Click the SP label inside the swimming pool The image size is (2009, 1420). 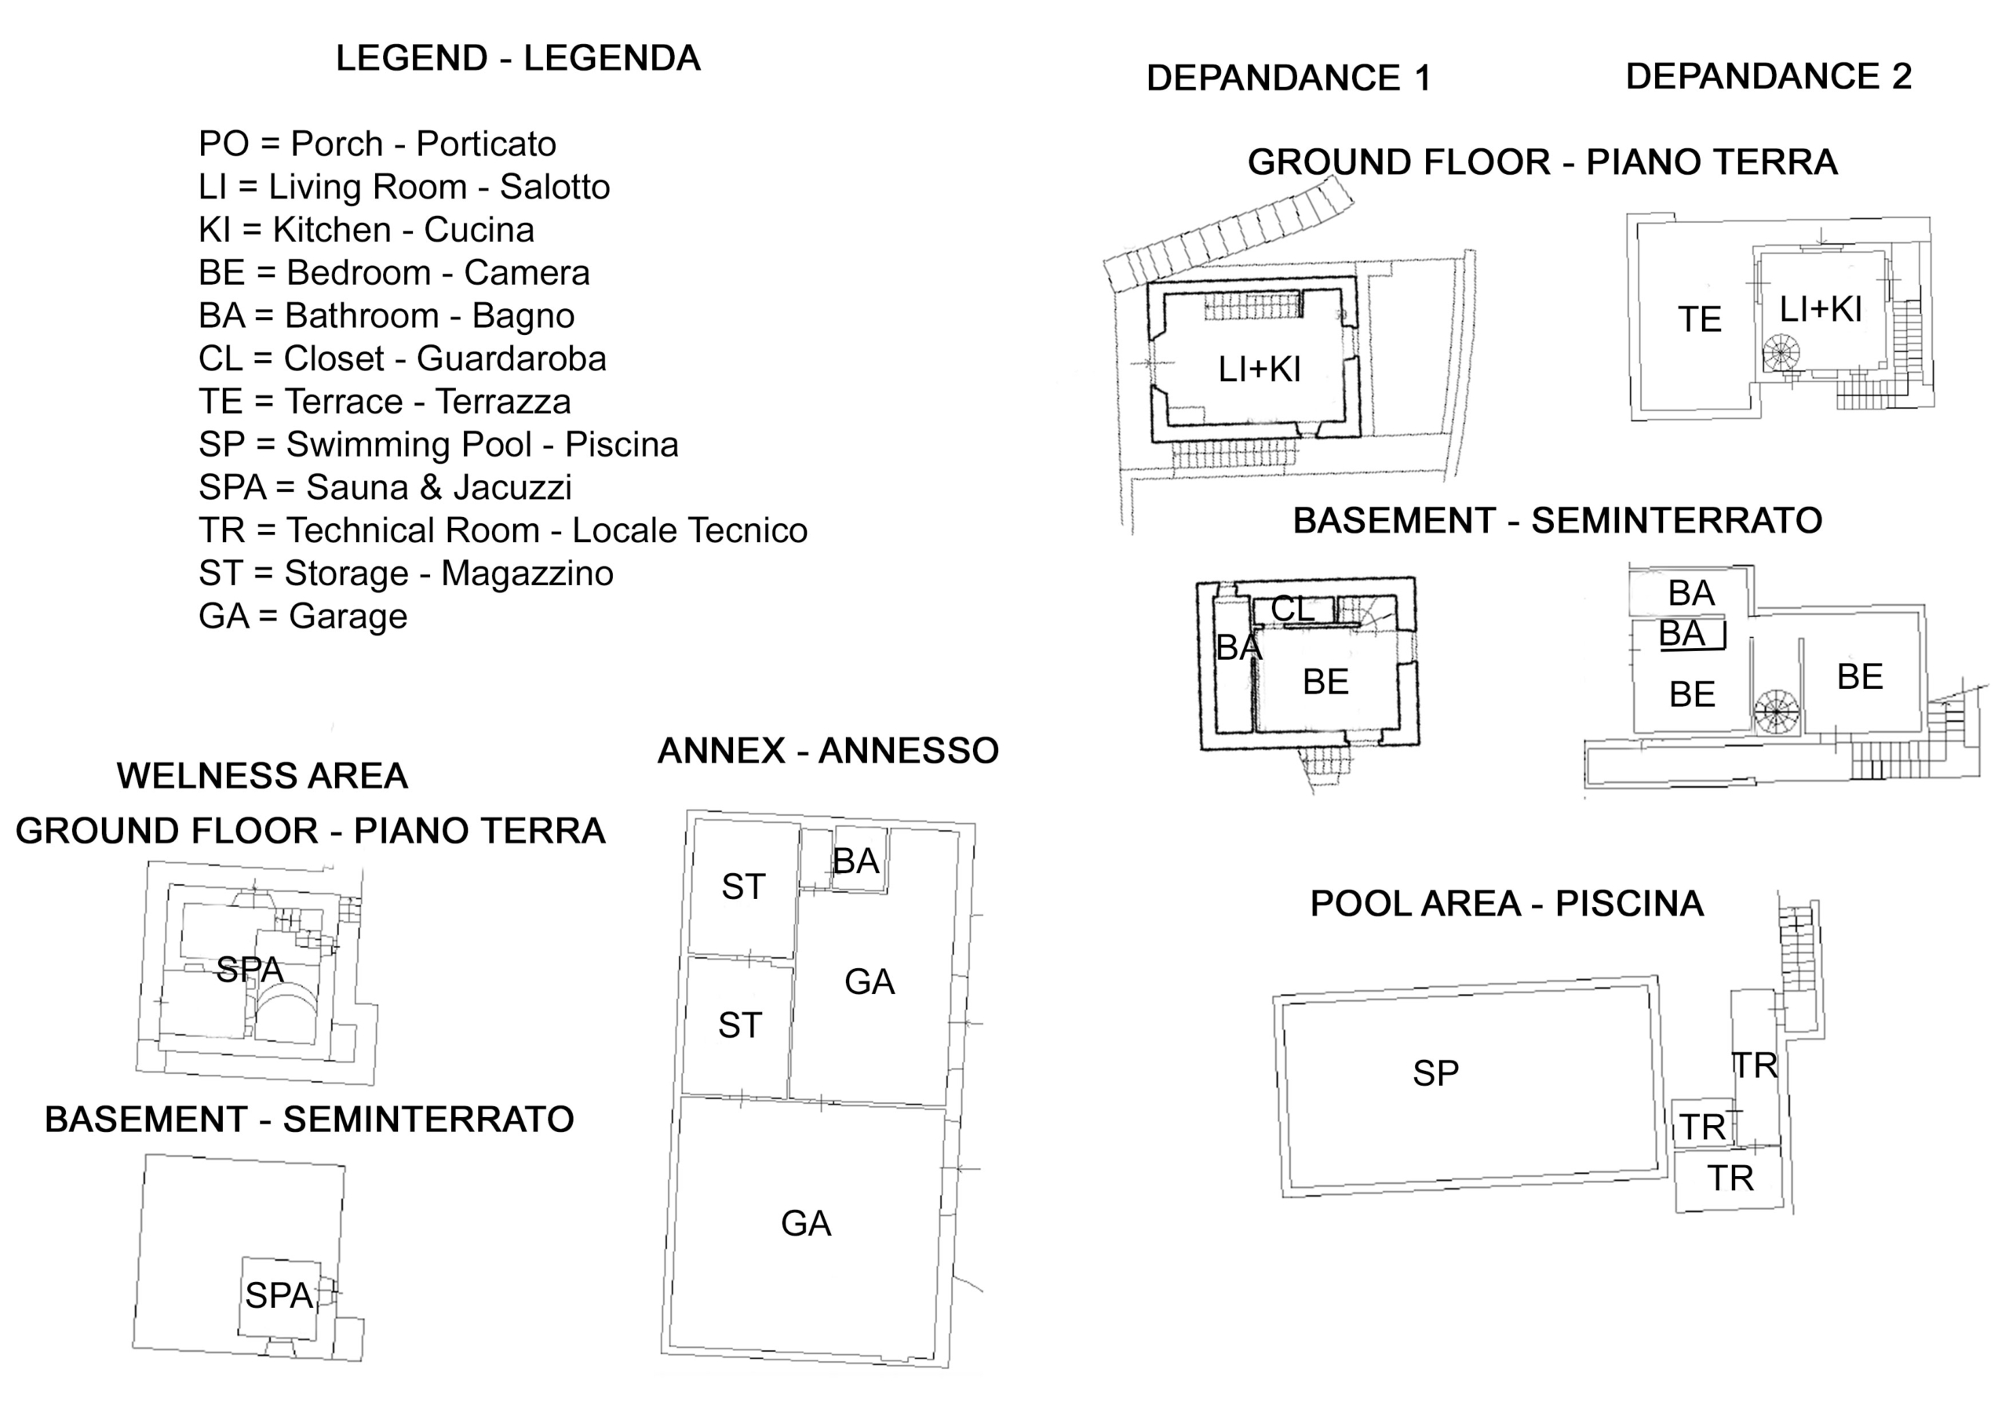(x=1436, y=1073)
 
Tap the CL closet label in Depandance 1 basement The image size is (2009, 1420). (x=1293, y=609)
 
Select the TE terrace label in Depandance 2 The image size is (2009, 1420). (x=1699, y=319)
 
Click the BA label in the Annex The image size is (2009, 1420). (x=855, y=861)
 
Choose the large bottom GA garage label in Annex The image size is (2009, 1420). (x=806, y=1223)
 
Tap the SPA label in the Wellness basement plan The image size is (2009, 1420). (x=279, y=1296)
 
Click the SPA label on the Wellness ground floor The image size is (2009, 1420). (x=250, y=970)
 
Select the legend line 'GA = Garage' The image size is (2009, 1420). (x=303, y=617)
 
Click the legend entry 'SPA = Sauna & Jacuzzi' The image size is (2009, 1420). (x=385, y=487)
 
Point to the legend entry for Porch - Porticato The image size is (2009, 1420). (x=377, y=144)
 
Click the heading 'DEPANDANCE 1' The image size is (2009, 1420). (x=1289, y=78)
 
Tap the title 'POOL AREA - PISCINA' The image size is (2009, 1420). (x=1507, y=904)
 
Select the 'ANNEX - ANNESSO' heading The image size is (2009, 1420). (x=828, y=751)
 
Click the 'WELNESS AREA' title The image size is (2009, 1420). (x=262, y=776)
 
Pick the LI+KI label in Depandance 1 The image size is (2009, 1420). (x=1260, y=370)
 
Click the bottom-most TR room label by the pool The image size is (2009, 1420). (x=1730, y=1179)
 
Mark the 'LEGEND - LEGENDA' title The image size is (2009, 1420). (x=518, y=59)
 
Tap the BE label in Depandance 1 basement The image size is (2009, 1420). (x=1325, y=683)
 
